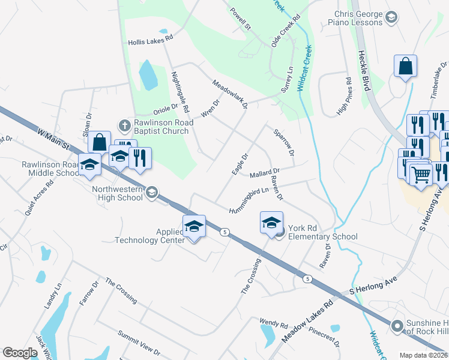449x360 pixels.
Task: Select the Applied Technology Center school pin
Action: pyautogui.click(x=194, y=226)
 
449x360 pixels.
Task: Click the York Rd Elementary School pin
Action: pyautogui.click(x=271, y=223)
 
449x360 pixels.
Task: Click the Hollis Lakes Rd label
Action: pyautogui.click(x=150, y=43)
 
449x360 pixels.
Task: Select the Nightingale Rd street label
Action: pyautogui.click(x=180, y=93)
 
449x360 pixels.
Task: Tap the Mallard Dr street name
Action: pyautogui.click(x=265, y=173)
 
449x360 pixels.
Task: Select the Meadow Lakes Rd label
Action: pyautogui.click(x=307, y=323)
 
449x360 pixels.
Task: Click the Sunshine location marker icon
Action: pyautogui.click(x=396, y=326)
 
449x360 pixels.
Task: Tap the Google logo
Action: pyautogui.click(x=20, y=353)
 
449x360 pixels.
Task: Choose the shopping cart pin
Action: pyautogui.click(x=421, y=175)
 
